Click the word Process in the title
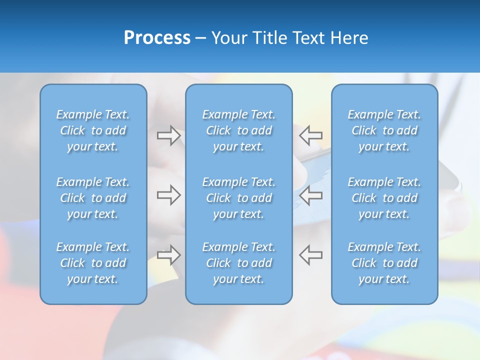click(x=157, y=38)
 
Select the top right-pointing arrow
click(x=168, y=135)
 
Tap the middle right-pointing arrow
click(x=168, y=195)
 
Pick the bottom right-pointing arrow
click(x=168, y=254)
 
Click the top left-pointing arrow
click(x=311, y=135)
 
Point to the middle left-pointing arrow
click(x=311, y=195)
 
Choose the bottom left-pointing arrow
click(x=311, y=254)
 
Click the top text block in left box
click(x=93, y=130)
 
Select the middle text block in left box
click(x=93, y=198)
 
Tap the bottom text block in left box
click(x=93, y=263)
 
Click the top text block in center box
click(x=239, y=130)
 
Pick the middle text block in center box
click(x=239, y=198)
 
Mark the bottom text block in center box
click(x=239, y=263)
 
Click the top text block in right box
click(x=384, y=130)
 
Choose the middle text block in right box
click(x=384, y=198)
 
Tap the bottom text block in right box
click(x=384, y=263)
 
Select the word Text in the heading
click(x=308, y=38)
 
